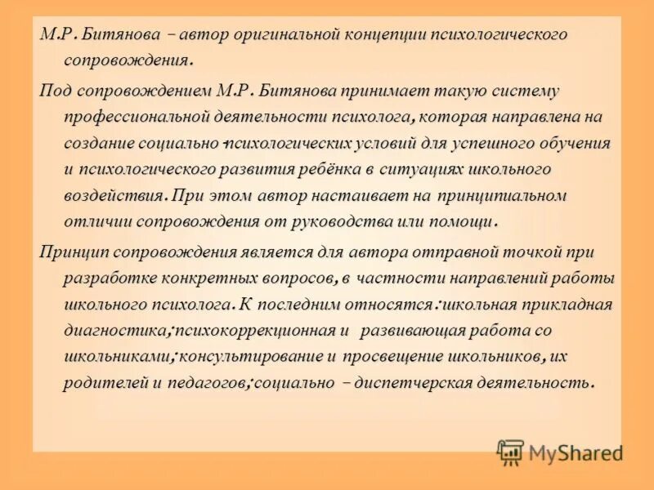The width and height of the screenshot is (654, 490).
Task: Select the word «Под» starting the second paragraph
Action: pos(54,90)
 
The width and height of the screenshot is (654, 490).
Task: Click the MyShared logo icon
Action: pos(510,452)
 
